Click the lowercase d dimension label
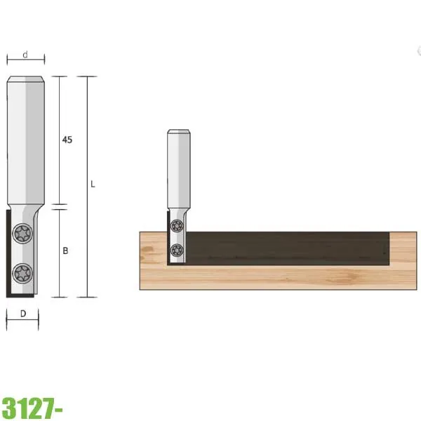(x=25, y=55)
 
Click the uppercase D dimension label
(x=23, y=314)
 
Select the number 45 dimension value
(x=67, y=140)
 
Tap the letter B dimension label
(x=65, y=250)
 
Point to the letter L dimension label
(x=93, y=184)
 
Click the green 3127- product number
(x=32, y=408)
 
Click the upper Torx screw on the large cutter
(x=22, y=234)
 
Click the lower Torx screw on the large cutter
(x=22, y=273)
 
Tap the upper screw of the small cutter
(x=178, y=225)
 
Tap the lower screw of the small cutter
(x=177, y=250)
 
